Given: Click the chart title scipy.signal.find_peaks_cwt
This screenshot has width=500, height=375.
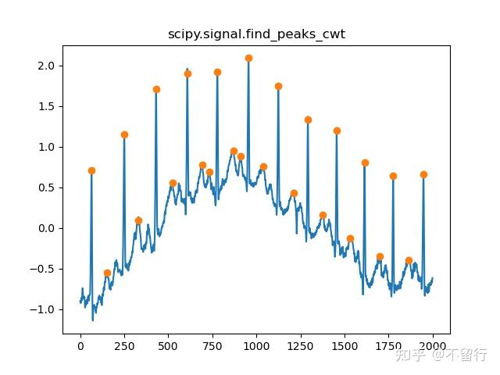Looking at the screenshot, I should pyautogui.click(x=257, y=35).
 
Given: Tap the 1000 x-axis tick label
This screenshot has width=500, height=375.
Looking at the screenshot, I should pyautogui.click(x=256, y=345).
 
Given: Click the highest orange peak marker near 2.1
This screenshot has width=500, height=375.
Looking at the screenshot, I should pyautogui.click(x=248, y=58).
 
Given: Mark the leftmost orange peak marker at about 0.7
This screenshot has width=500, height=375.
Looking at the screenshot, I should pyautogui.click(x=91, y=170).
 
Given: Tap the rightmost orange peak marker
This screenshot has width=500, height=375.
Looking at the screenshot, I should pyautogui.click(x=423, y=174).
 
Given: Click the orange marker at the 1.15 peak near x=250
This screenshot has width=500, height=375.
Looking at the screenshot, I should pyautogui.click(x=124, y=134).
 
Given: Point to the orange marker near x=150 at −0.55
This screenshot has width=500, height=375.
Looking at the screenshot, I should pyautogui.click(x=107, y=273).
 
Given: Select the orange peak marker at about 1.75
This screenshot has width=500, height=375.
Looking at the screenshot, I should pyautogui.click(x=278, y=86).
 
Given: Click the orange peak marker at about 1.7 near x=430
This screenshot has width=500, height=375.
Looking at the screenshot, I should pyautogui.click(x=156, y=89).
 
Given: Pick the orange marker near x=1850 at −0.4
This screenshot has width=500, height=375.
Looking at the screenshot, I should pyautogui.click(x=409, y=260).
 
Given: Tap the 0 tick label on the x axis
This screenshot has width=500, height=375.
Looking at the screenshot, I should pyautogui.click(x=80, y=345).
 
